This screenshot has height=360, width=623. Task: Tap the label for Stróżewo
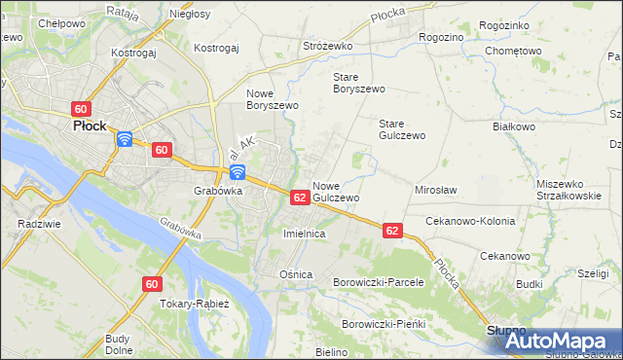tap(326, 46)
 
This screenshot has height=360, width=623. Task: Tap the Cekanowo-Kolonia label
tap(470, 221)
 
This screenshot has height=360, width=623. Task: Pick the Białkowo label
tap(515, 126)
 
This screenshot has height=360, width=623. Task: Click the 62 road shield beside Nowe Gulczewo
tap(301, 198)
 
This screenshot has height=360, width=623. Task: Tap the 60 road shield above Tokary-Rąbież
tap(151, 284)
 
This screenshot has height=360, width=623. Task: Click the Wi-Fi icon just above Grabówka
tap(237, 173)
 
